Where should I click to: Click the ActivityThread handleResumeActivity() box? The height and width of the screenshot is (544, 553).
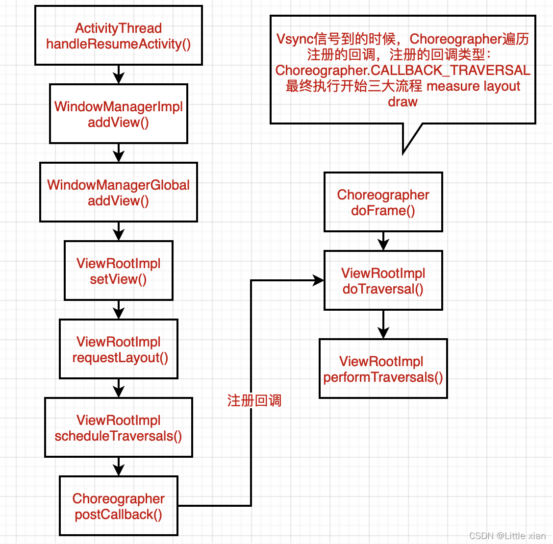pyautogui.click(x=119, y=36)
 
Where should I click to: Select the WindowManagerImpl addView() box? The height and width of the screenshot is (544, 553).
pyautogui.click(x=119, y=114)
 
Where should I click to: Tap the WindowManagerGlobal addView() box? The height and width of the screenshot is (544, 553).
pyautogui.click(x=119, y=193)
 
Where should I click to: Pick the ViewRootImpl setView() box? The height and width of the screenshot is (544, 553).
pyautogui.click(x=119, y=271)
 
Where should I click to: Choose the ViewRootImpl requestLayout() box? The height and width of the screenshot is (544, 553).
pyautogui.click(x=119, y=349)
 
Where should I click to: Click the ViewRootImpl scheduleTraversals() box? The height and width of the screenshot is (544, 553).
pyautogui.click(x=119, y=428)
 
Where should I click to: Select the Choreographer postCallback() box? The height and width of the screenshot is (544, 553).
pyautogui.click(x=119, y=506)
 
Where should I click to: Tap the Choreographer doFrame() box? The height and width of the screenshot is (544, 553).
pyautogui.click(x=383, y=202)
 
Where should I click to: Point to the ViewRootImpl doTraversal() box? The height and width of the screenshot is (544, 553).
pyautogui.click(x=383, y=281)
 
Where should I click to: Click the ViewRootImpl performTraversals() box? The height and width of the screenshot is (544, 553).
pyautogui.click(x=383, y=369)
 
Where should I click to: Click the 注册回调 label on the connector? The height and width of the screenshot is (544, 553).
pyautogui.click(x=254, y=401)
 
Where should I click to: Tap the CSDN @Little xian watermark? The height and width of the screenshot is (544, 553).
pyautogui.click(x=507, y=536)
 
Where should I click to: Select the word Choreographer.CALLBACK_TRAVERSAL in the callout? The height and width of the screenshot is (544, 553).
pyautogui.click(x=402, y=71)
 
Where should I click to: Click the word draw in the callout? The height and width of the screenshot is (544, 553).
pyautogui.click(x=402, y=102)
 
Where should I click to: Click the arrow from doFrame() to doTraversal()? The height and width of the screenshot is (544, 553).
pyautogui.click(x=383, y=241)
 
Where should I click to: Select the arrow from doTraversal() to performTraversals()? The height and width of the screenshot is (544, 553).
pyautogui.click(x=383, y=324)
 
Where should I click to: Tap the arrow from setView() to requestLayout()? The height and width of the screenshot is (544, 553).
pyautogui.click(x=119, y=310)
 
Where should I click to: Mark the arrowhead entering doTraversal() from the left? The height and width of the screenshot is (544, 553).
pyautogui.click(x=319, y=281)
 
